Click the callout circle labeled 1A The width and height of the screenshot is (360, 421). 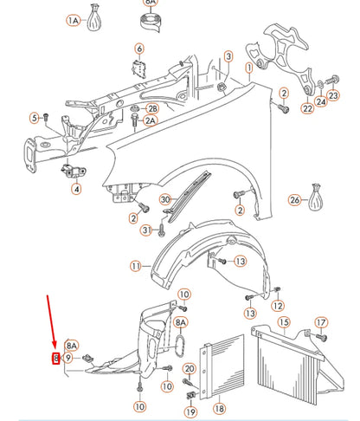click(x=74, y=19)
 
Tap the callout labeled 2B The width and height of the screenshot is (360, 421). click(x=152, y=108)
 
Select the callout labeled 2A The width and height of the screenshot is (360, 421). click(x=151, y=121)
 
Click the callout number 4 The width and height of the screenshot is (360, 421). click(x=76, y=188)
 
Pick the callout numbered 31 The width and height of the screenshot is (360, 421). click(x=146, y=230)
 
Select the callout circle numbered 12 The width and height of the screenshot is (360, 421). click(x=278, y=306)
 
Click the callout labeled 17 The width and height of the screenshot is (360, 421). click(x=321, y=323)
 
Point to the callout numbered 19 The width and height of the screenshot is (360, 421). click(x=190, y=411)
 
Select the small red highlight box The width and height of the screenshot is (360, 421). click(x=56, y=358)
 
